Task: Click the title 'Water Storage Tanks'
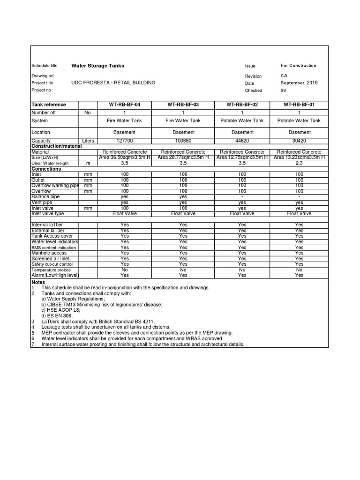(97, 66)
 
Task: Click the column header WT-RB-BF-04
(125, 105)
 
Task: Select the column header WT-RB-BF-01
(299, 105)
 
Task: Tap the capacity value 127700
(125, 141)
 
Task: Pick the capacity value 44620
(242, 141)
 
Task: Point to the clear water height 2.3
(299, 163)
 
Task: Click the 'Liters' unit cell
(88, 141)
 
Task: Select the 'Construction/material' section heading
(56, 146)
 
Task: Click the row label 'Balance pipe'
(46, 197)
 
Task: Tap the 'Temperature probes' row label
(51, 270)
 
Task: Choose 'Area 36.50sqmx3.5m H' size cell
(125, 157)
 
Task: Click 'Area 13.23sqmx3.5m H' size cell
(299, 157)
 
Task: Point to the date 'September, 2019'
(299, 83)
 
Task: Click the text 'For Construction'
(299, 66)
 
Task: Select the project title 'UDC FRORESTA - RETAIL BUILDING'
(113, 83)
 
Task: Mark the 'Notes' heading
(38, 282)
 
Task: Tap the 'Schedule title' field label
(44, 66)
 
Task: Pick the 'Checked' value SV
(283, 90)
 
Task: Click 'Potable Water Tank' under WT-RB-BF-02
(242, 120)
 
